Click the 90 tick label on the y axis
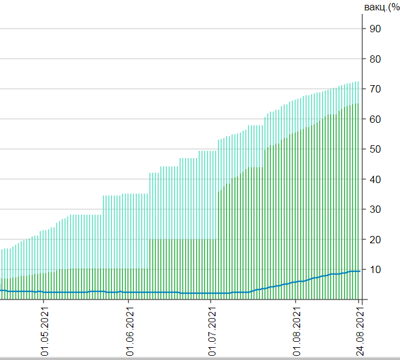(375, 29)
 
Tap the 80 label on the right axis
(375, 59)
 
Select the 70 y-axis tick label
(375, 89)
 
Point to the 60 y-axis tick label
(375, 119)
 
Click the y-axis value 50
(375, 149)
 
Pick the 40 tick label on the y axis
(375, 179)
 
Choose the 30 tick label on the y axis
(375, 209)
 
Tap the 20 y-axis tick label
(375, 240)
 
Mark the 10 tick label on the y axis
(375, 269)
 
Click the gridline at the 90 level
(183, 29)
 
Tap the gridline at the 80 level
(183, 59)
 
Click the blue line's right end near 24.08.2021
(359, 271)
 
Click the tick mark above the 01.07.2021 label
(211, 302)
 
